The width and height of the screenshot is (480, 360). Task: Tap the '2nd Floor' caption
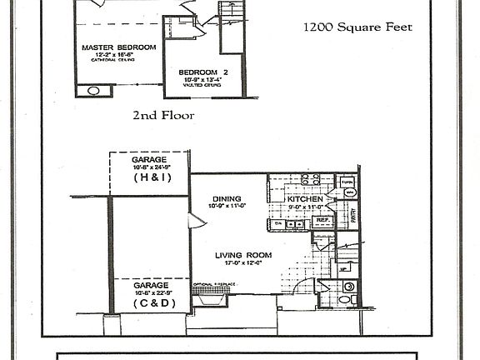click(162, 116)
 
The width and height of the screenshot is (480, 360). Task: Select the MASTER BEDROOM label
click(118, 47)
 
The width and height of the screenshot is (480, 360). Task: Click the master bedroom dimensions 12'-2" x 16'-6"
click(117, 55)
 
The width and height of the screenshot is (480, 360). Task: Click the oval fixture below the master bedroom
click(93, 90)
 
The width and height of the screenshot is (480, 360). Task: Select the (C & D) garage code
click(149, 303)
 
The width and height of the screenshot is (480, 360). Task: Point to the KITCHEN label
click(304, 200)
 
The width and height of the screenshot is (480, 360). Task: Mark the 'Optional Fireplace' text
click(215, 285)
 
